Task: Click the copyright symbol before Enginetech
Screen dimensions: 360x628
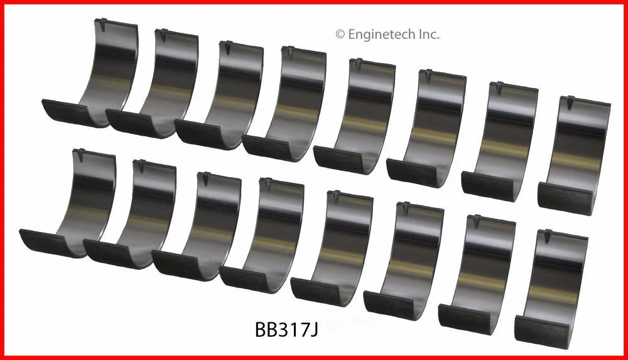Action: pyautogui.click(x=341, y=35)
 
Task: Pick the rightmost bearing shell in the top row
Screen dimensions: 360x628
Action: pyautogui.click(x=576, y=151)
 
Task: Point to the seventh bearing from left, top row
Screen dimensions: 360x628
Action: pyautogui.click(x=502, y=138)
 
